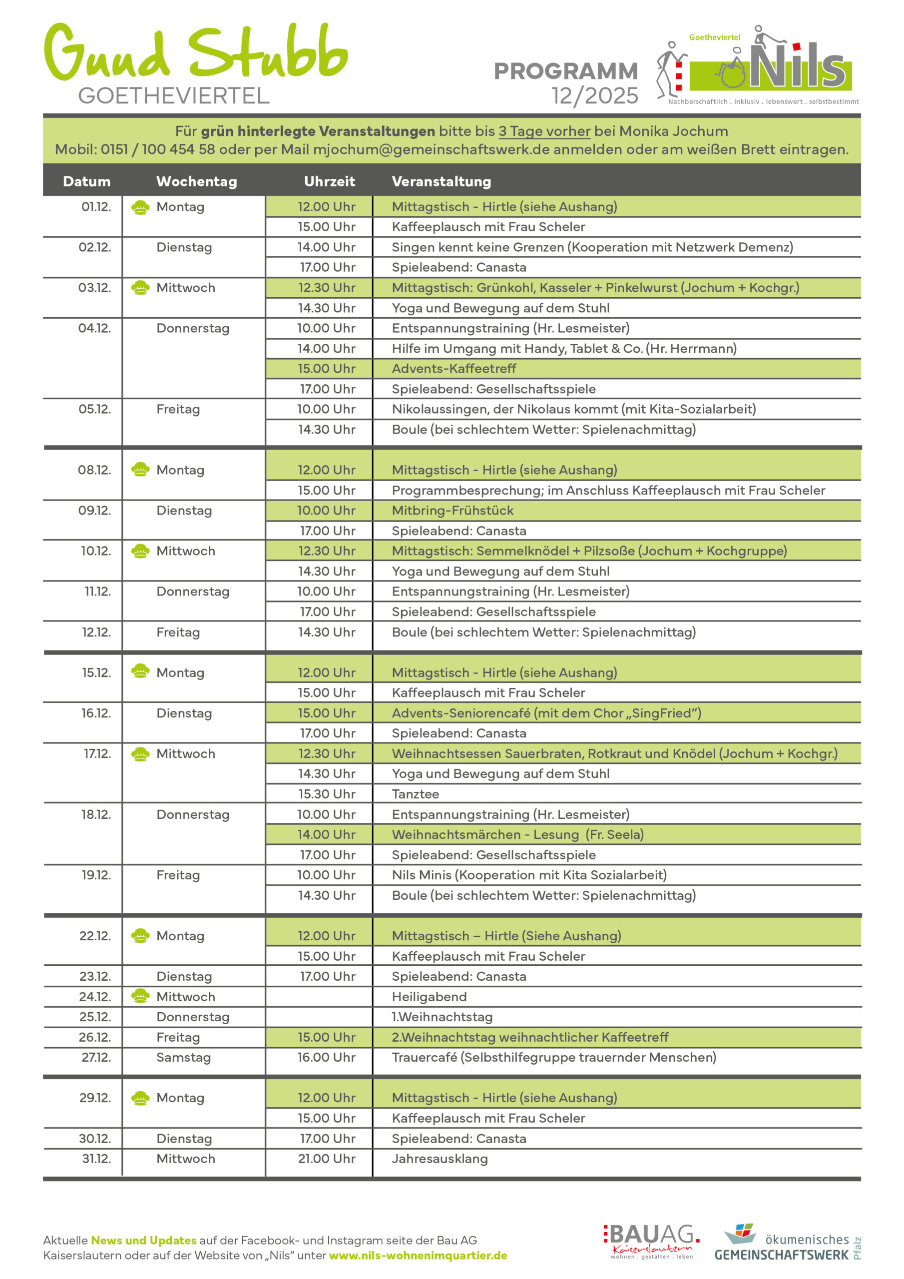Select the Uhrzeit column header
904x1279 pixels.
(x=329, y=181)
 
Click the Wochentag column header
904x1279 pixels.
(x=196, y=181)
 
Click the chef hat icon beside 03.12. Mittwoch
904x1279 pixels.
(x=140, y=288)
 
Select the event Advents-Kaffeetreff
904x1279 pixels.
(x=453, y=369)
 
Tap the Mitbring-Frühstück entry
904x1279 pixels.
(x=452, y=511)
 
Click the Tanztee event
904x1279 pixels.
(x=415, y=794)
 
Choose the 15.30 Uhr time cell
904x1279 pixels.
(x=327, y=794)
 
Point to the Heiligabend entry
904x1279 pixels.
(x=429, y=997)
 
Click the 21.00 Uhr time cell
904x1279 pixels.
(x=327, y=1159)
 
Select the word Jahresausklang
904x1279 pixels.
(x=440, y=1159)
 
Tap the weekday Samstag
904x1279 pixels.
(x=183, y=1058)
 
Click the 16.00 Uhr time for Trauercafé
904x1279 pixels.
(x=327, y=1058)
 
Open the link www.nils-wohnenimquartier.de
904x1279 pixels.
(x=418, y=1256)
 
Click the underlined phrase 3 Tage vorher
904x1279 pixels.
(x=544, y=131)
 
